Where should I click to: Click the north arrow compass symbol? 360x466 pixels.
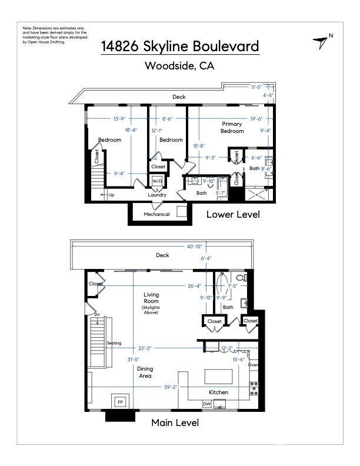click(321, 42)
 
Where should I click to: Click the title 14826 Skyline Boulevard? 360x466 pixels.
click(180, 46)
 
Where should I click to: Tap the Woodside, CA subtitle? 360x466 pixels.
click(179, 65)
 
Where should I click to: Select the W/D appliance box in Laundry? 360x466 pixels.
click(157, 181)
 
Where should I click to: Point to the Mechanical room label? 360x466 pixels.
click(156, 214)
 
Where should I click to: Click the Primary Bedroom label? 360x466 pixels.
click(232, 127)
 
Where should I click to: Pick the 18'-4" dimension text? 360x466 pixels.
click(131, 130)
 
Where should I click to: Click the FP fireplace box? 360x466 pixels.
click(121, 402)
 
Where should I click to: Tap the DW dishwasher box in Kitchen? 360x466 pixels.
click(206, 404)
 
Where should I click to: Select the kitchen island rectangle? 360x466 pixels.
click(219, 377)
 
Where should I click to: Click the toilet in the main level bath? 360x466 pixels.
click(242, 278)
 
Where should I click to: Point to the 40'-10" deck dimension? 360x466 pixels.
click(194, 247)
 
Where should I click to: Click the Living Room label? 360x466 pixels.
click(151, 298)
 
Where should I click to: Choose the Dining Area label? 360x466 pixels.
click(145, 372)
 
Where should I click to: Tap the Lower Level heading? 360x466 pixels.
click(233, 214)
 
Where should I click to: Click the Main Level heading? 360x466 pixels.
click(175, 422)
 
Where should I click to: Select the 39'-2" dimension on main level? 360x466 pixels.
click(171, 387)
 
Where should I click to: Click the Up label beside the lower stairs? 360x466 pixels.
click(111, 195)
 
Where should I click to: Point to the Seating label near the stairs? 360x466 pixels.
click(114, 343)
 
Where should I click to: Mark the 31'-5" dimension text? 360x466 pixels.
click(134, 360)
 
